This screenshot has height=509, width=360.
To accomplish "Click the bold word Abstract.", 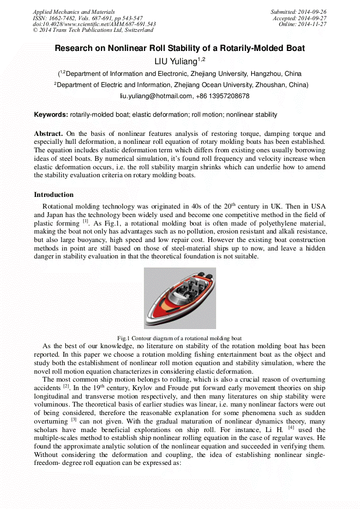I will (x=48, y=134).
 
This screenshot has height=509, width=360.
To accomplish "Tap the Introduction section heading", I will (x=54, y=195).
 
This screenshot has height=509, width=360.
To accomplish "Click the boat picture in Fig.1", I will (x=179, y=298).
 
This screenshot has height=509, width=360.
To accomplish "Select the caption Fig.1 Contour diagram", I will (x=179, y=338).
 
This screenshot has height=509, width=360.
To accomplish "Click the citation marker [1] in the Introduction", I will (x=85, y=222).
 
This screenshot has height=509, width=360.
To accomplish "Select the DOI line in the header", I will (x=94, y=24).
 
